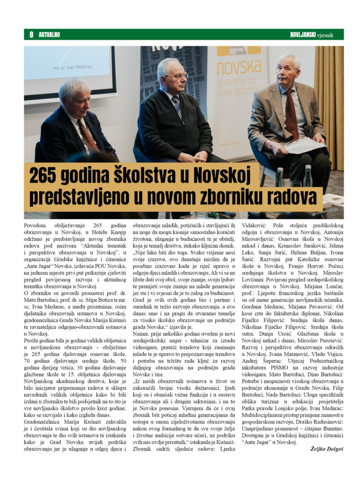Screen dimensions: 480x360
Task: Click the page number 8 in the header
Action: click(x=31, y=35)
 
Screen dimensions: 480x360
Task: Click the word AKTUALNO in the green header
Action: click(x=49, y=35)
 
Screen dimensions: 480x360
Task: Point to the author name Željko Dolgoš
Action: click(x=326, y=449)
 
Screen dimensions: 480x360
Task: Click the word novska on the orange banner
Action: click(x=239, y=68)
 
